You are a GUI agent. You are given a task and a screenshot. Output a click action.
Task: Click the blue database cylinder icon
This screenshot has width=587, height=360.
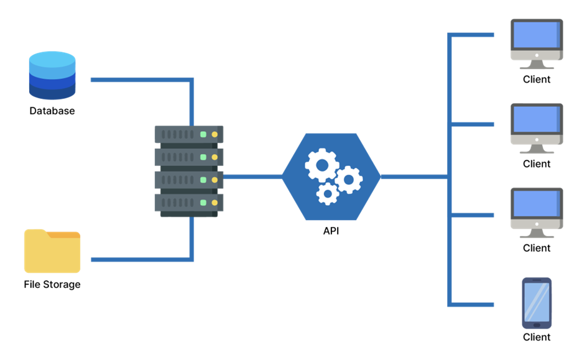coord(52,75)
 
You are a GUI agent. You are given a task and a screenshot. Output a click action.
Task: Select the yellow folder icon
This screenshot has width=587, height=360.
coord(52,252)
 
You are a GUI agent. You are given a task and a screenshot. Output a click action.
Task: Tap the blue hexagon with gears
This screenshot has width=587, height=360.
coord(331,177)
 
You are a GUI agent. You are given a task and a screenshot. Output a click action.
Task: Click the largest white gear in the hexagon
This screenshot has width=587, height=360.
coord(321,165)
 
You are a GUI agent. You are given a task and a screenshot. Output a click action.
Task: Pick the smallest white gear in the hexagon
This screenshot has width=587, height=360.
coord(327,193)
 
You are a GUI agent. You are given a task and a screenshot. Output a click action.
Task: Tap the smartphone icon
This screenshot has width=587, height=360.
coord(537,303)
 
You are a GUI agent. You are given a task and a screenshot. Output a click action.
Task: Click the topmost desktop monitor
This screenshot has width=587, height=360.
coord(536,39)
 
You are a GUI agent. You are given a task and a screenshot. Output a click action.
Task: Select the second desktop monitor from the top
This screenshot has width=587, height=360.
coord(536,124)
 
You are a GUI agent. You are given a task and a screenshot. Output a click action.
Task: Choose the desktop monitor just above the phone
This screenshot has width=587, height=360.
coord(536,208)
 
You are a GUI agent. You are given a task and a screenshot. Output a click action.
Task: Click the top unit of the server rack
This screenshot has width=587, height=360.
coord(189,134)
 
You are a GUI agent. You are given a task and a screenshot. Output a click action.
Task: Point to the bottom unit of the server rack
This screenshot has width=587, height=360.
coord(189,203)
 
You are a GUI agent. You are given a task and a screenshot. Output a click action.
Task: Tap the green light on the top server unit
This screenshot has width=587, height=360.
coord(203,134)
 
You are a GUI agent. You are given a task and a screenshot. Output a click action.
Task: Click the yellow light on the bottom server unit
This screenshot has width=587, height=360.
coord(215,203)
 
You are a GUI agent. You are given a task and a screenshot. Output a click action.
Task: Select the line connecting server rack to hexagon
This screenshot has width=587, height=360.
coord(252,177)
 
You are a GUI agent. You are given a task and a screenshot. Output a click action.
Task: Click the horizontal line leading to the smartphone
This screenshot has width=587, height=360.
coord(471,305)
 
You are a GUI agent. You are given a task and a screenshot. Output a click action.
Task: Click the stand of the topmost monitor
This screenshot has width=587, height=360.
coord(536,65)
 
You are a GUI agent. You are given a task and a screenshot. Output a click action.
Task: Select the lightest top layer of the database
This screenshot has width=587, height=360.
coord(52,60)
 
